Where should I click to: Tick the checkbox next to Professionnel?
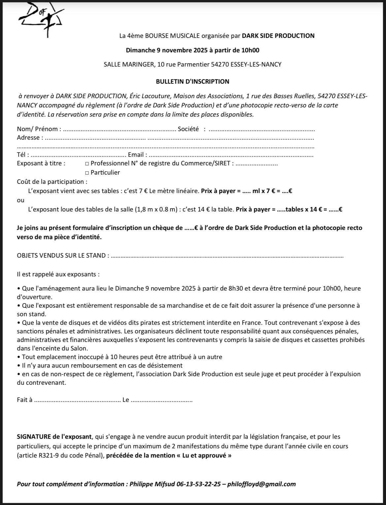pyautogui.click(x=87, y=163)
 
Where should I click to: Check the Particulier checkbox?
pyautogui.click(x=87, y=173)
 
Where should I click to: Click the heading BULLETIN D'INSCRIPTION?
pyautogui.click(x=192, y=81)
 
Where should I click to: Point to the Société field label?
pyautogui.click(x=188, y=129)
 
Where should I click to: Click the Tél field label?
pyautogui.click(x=22, y=155)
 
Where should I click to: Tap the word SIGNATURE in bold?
pyautogui.click(x=34, y=437)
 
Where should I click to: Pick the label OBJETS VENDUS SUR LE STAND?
pyautogui.click(x=63, y=255)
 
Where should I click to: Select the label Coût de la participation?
pyautogui.click(x=52, y=182)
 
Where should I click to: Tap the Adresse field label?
pyautogui.click(x=29, y=138)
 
